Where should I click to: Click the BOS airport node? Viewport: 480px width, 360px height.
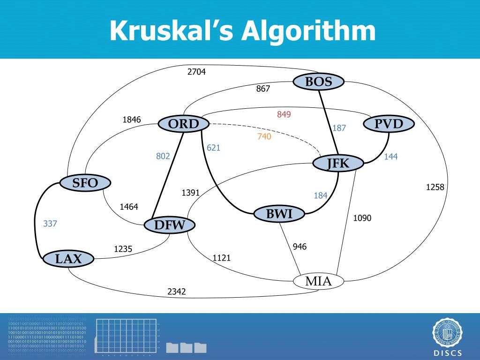tap(319, 82)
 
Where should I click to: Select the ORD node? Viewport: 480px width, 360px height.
tap(183, 124)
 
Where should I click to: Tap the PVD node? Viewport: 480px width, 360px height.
tap(389, 124)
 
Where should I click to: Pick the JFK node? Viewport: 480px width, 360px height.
tap(338, 163)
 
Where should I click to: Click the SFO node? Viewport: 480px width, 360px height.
tap(85, 183)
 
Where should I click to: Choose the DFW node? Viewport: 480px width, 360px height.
tap(170, 225)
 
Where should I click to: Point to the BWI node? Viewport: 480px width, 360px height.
tap(279, 214)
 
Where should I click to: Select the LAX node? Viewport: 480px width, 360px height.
tap(68, 258)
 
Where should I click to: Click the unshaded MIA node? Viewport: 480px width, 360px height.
tap(318, 281)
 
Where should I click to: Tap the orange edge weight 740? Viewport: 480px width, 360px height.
tap(264, 136)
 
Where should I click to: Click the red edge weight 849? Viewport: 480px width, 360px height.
tap(284, 114)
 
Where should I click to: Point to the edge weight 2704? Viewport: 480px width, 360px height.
tap(196, 72)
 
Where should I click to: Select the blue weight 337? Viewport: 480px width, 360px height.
tap(50, 224)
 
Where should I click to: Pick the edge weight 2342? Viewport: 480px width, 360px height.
tap(177, 292)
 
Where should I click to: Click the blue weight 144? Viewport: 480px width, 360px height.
tap(390, 157)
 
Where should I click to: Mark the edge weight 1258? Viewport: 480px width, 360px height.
tap(435, 187)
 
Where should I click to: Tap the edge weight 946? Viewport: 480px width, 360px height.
tap(300, 247)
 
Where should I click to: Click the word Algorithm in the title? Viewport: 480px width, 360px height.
tap(309, 31)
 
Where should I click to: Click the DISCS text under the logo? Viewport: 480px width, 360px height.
tap(447, 353)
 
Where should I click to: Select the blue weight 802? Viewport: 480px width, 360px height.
tap(163, 156)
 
